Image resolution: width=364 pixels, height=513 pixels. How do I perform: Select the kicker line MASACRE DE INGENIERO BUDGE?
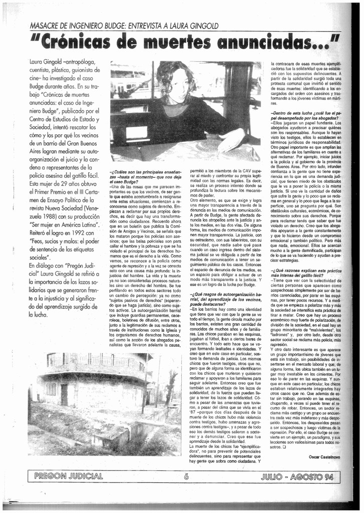click(124, 26)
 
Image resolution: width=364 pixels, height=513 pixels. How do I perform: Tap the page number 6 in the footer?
click(186, 476)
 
